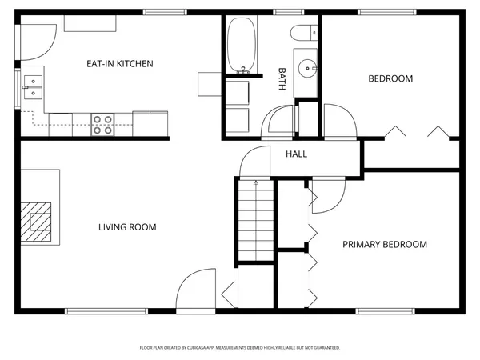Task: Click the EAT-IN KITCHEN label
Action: point(120,63)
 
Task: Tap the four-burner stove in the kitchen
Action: point(102,124)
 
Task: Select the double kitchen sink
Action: point(33,86)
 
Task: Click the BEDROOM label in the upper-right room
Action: point(390,78)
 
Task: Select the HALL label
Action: point(296,154)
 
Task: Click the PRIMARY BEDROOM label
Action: point(385,245)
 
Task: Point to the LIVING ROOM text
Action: point(127,227)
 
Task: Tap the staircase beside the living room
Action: point(255,220)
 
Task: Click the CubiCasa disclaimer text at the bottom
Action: point(240,348)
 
